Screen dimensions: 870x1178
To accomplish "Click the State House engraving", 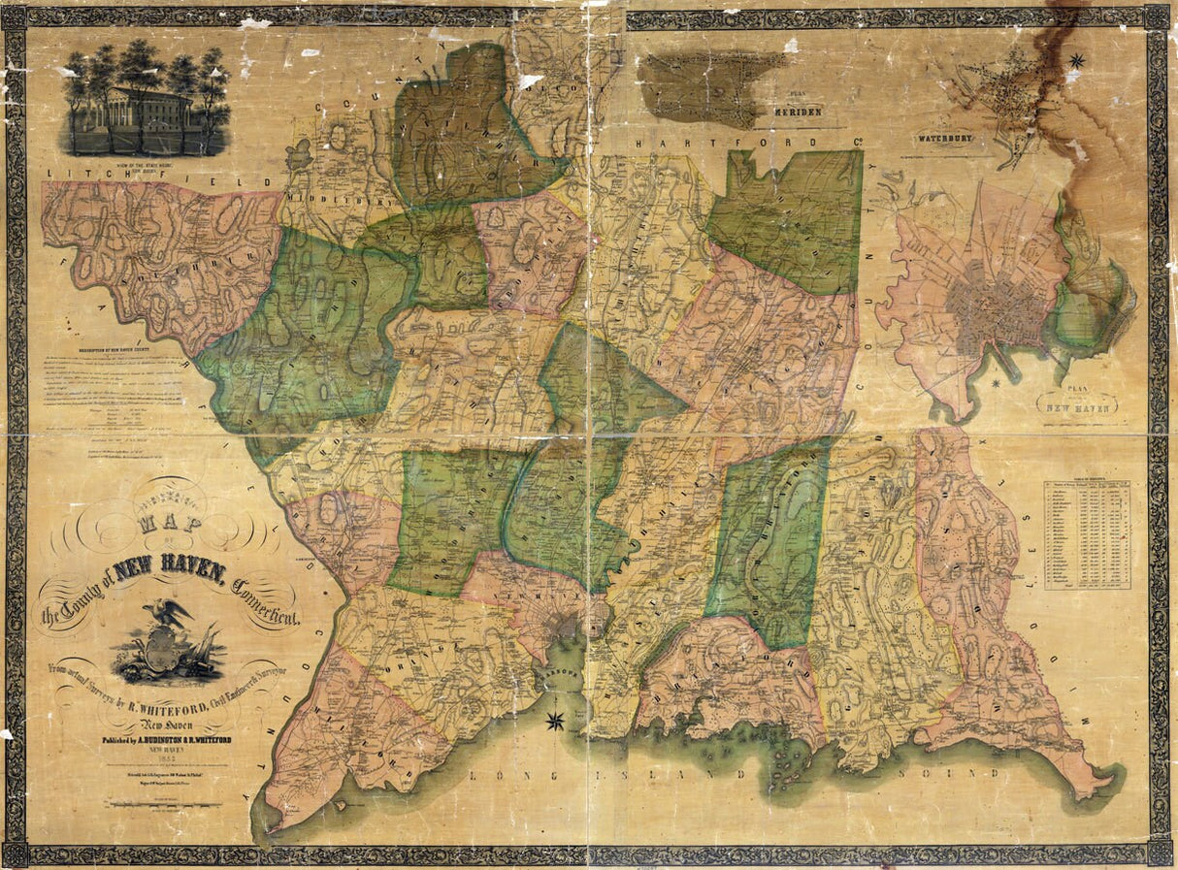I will tap(146, 101).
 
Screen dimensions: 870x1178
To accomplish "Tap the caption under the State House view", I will tap(146, 166).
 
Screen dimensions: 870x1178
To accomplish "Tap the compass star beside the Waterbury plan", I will tap(1075, 61).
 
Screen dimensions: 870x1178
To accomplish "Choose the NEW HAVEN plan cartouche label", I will tap(1077, 403).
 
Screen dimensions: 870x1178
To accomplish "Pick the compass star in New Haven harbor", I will tap(556, 720).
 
